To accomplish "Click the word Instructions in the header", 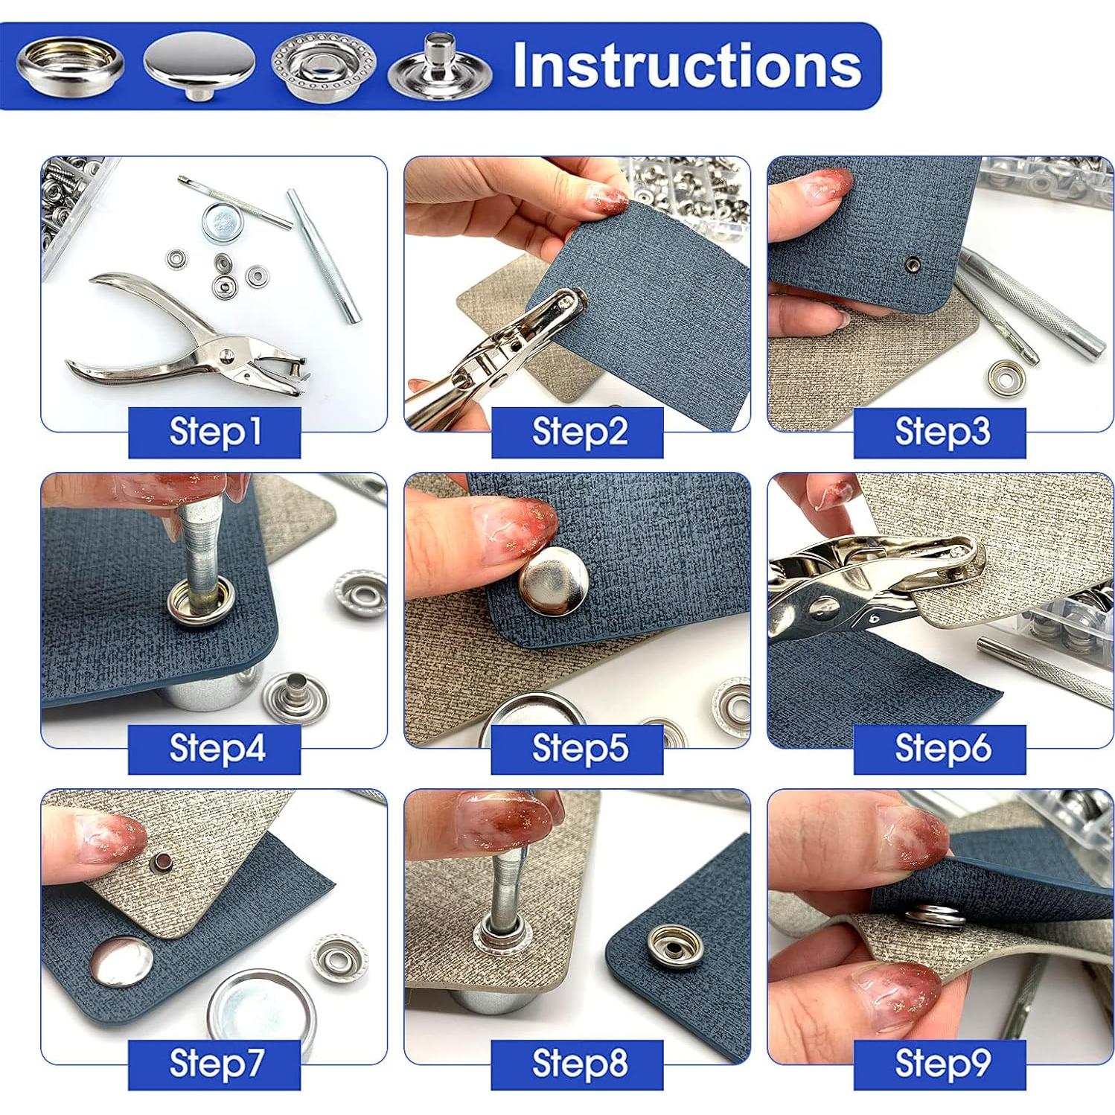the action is (x=687, y=66).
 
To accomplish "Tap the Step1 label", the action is (x=215, y=432).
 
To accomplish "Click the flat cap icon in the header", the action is (x=199, y=66).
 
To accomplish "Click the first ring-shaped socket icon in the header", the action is (x=70, y=66).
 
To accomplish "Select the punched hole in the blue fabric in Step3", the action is (x=913, y=263).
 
